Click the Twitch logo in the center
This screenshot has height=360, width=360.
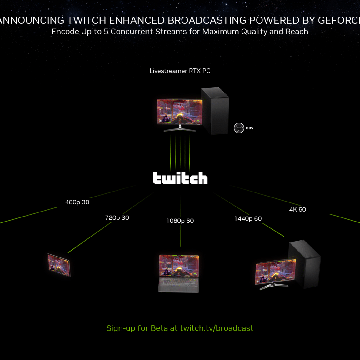180,178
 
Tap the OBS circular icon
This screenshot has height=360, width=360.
239,128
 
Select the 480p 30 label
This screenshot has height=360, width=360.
77,202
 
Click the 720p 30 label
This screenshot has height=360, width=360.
117,218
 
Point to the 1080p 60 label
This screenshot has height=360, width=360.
180,221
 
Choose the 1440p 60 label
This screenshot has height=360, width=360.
248,219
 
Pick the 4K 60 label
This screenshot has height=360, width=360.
297,209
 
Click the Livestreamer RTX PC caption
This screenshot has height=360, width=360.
180,71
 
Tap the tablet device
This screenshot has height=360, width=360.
58,265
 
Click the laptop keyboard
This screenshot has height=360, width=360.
178,284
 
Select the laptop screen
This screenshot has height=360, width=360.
179,266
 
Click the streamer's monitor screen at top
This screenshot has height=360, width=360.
179,112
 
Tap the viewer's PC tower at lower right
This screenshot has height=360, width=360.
305,264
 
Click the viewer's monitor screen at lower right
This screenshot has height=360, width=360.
275,272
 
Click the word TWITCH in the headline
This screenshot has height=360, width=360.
87,20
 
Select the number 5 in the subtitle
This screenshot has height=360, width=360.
106,32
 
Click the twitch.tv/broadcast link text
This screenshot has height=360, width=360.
217,328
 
